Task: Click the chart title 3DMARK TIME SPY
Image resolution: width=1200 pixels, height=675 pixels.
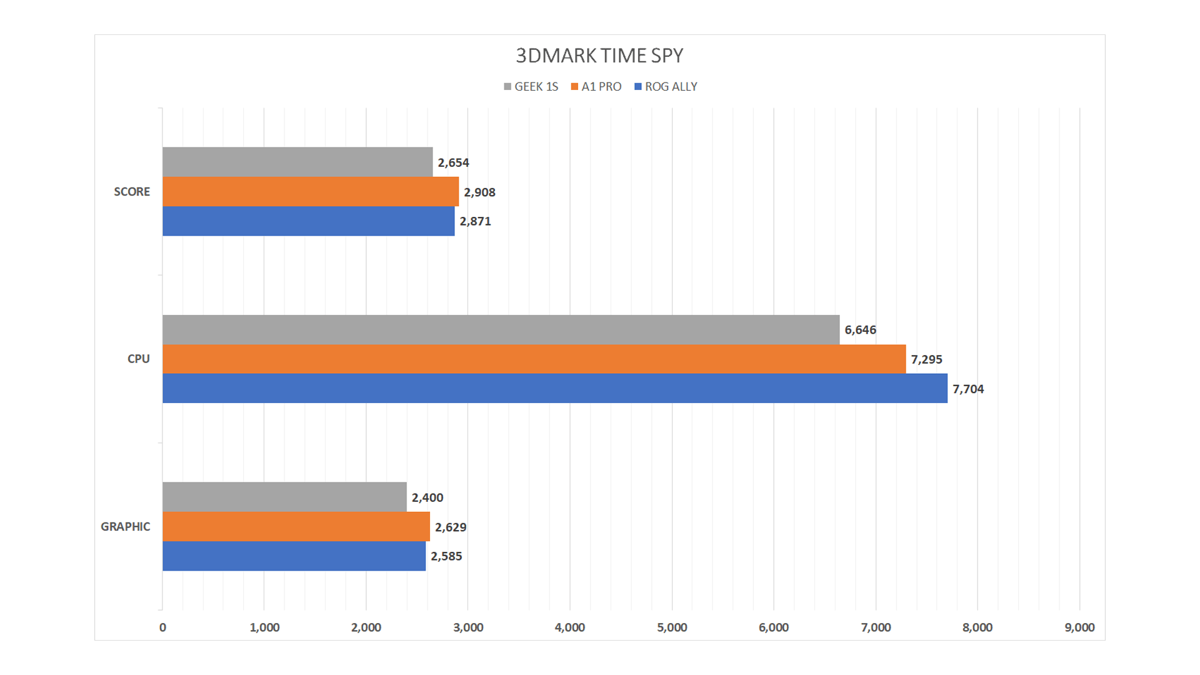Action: [x=599, y=56]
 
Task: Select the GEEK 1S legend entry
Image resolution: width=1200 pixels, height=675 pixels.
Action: [x=531, y=87]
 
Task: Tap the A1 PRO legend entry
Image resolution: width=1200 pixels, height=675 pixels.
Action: [x=596, y=87]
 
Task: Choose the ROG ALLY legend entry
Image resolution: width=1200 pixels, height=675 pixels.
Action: [x=666, y=87]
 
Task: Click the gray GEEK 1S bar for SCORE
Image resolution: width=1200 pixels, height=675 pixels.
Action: [x=297, y=162]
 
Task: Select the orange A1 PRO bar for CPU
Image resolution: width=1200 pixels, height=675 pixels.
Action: [x=534, y=359]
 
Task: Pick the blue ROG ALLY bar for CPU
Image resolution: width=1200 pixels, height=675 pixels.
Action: [x=555, y=388]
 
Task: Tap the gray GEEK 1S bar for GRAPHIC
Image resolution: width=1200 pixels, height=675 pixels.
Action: [x=284, y=497]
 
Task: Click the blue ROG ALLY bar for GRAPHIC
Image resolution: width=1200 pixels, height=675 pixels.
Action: [x=294, y=556]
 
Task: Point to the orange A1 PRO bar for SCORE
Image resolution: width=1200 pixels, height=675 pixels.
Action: [x=311, y=191]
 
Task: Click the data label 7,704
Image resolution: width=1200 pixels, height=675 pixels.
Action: [x=968, y=389]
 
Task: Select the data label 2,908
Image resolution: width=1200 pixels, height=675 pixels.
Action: [x=479, y=192]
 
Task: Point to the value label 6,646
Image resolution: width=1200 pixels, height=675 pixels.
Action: [x=860, y=330]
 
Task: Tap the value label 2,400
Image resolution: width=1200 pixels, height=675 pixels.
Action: [x=427, y=497]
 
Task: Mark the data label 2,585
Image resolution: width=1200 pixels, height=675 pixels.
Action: [x=446, y=556]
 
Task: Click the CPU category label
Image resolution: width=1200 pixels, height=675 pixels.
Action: [x=139, y=359]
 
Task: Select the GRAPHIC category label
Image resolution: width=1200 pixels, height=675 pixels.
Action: [x=126, y=526]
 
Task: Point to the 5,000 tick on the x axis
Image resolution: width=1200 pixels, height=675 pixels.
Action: [x=672, y=627]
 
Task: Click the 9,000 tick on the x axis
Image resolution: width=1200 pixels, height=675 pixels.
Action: [x=1079, y=627]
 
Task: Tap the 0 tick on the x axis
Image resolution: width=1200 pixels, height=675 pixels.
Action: [x=162, y=627]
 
